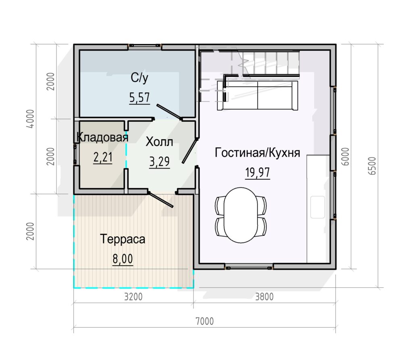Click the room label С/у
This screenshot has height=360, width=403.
139,78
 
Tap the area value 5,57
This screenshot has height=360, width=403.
139,98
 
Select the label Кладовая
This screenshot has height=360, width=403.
102,137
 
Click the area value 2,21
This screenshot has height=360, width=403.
103,157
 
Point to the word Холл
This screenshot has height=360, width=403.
159,142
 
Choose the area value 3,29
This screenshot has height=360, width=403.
159,162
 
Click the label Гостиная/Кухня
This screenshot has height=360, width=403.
257,153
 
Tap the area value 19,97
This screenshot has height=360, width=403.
258,172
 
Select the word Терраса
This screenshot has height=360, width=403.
123,239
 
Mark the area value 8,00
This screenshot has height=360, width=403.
123,259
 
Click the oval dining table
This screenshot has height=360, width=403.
241,215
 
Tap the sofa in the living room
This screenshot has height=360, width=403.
258,96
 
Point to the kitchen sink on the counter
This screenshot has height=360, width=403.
318,207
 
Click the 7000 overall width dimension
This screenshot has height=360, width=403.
205,321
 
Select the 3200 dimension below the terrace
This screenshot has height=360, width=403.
133,297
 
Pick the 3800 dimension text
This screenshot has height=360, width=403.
264,297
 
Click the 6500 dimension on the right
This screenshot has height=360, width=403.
372,166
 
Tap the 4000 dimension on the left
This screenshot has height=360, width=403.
30,119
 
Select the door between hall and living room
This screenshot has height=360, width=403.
190,151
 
